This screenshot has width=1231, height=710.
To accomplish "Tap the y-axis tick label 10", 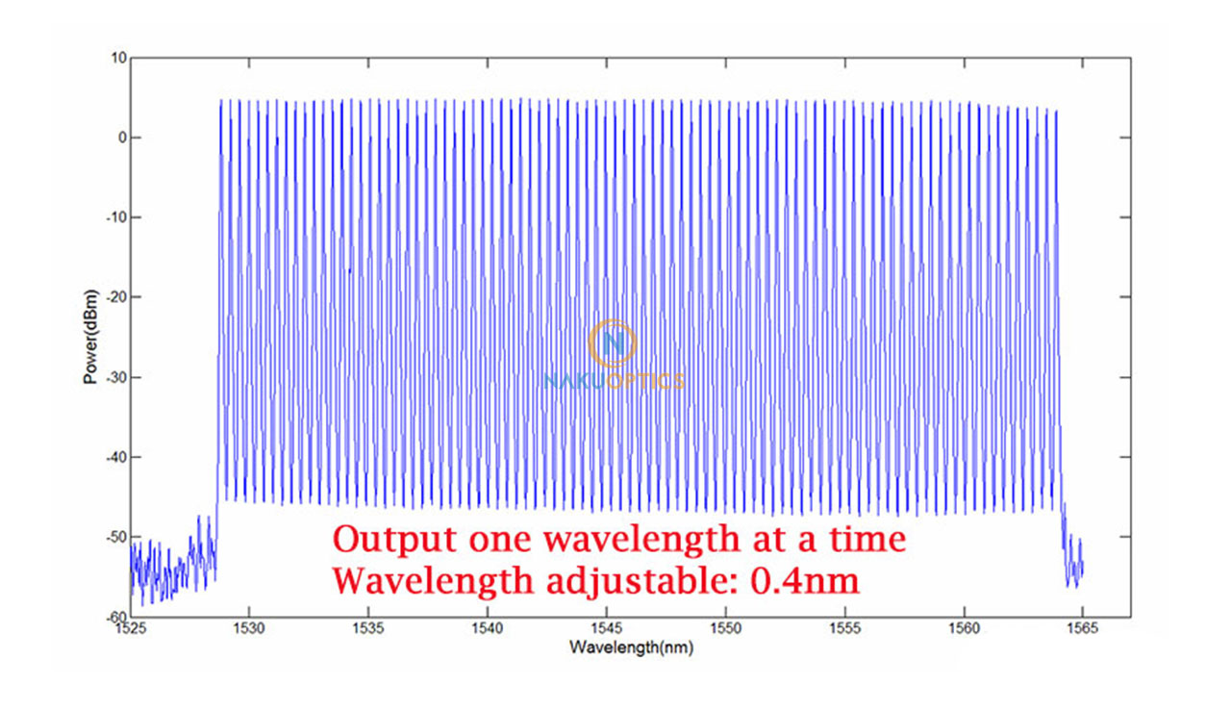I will pyautogui.click(x=119, y=58).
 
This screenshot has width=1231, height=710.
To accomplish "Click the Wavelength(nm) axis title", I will pyautogui.click(x=631, y=647).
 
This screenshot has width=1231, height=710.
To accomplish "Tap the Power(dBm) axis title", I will pyautogui.click(x=90, y=337).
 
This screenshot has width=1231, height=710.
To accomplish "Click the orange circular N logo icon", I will pyautogui.click(x=613, y=343).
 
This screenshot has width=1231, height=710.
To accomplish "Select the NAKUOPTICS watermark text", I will pyautogui.click(x=614, y=382).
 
